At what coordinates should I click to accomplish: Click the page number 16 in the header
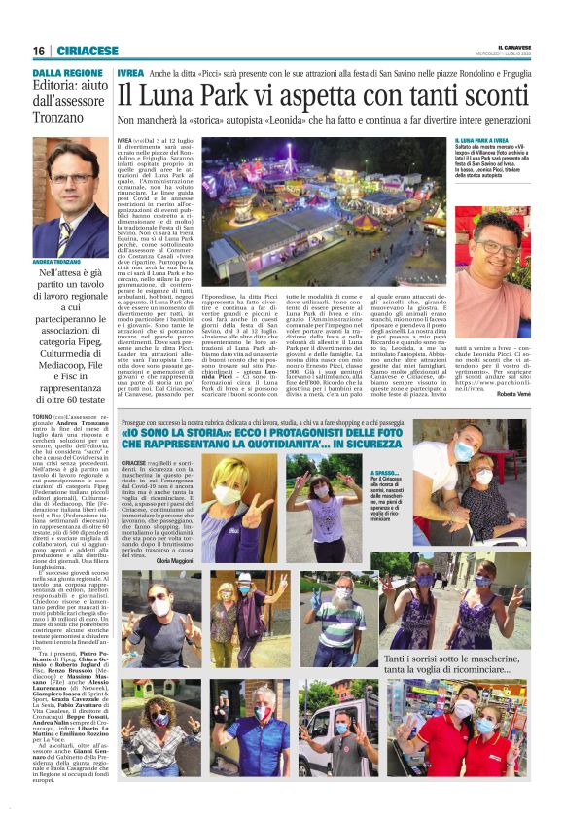pos(38,51)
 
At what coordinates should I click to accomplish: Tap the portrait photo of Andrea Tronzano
pos(69,200)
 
